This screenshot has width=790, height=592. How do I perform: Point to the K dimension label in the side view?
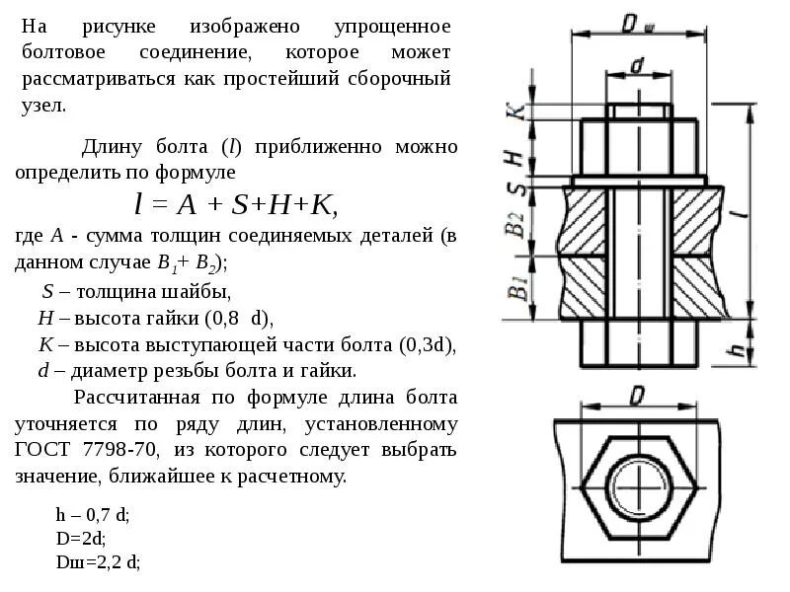point(514,111)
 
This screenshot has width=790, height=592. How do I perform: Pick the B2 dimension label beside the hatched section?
point(514,223)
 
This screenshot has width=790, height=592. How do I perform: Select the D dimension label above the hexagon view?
point(637,395)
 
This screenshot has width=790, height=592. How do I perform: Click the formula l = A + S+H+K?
point(236,204)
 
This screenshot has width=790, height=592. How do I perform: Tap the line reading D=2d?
point(81,539)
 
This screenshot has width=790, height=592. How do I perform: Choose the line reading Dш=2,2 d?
point(98,562)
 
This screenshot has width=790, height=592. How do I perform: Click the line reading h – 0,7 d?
point(93,515)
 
